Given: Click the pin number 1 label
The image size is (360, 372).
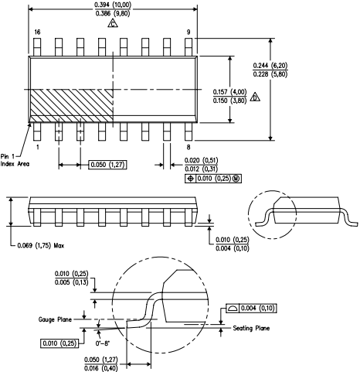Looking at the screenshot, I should pyautogui.click(x=36, y=146).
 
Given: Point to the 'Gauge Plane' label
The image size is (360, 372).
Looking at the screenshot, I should pyautogui.click(x=56, y=319).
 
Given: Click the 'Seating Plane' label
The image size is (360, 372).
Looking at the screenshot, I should pyautogui.click(x=254, y=329).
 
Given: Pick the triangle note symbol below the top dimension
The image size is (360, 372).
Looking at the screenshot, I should pyautogui.click(x=114, y=25).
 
